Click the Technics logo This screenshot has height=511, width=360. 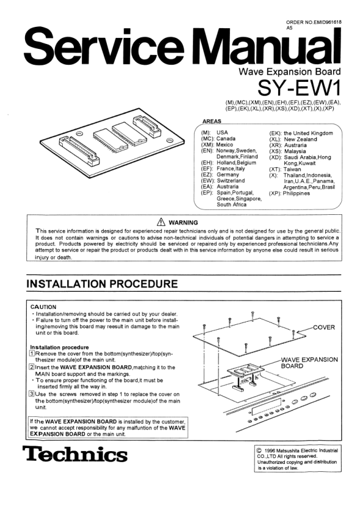(x=75, y=454)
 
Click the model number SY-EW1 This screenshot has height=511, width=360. (x=299, y=87)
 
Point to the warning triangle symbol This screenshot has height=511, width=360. (x=161, y=222)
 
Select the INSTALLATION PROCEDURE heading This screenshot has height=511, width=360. (x=102, y=284)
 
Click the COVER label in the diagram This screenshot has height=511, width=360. (x=324, y=327)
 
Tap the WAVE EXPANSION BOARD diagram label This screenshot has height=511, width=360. (x=309, y=363)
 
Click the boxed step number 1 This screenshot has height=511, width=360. (x=32, y=353)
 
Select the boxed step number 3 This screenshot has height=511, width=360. (x=32, y=394)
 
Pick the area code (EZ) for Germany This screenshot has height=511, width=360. (x=207, y=175)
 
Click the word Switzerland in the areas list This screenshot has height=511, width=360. (x=231, y=181)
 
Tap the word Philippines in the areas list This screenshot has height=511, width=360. (x=296, y=194)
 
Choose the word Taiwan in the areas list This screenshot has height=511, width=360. (x=292, y=169)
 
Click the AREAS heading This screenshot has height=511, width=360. (x=212, y=121)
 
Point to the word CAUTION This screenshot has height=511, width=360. (x=43, y=307)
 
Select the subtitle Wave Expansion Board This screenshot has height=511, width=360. (x=290, y=71)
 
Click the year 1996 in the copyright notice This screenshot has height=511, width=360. (x=270, y=451)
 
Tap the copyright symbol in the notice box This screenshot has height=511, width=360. (x=260, y=451)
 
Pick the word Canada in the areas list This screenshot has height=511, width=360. (x=226, y=139)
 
